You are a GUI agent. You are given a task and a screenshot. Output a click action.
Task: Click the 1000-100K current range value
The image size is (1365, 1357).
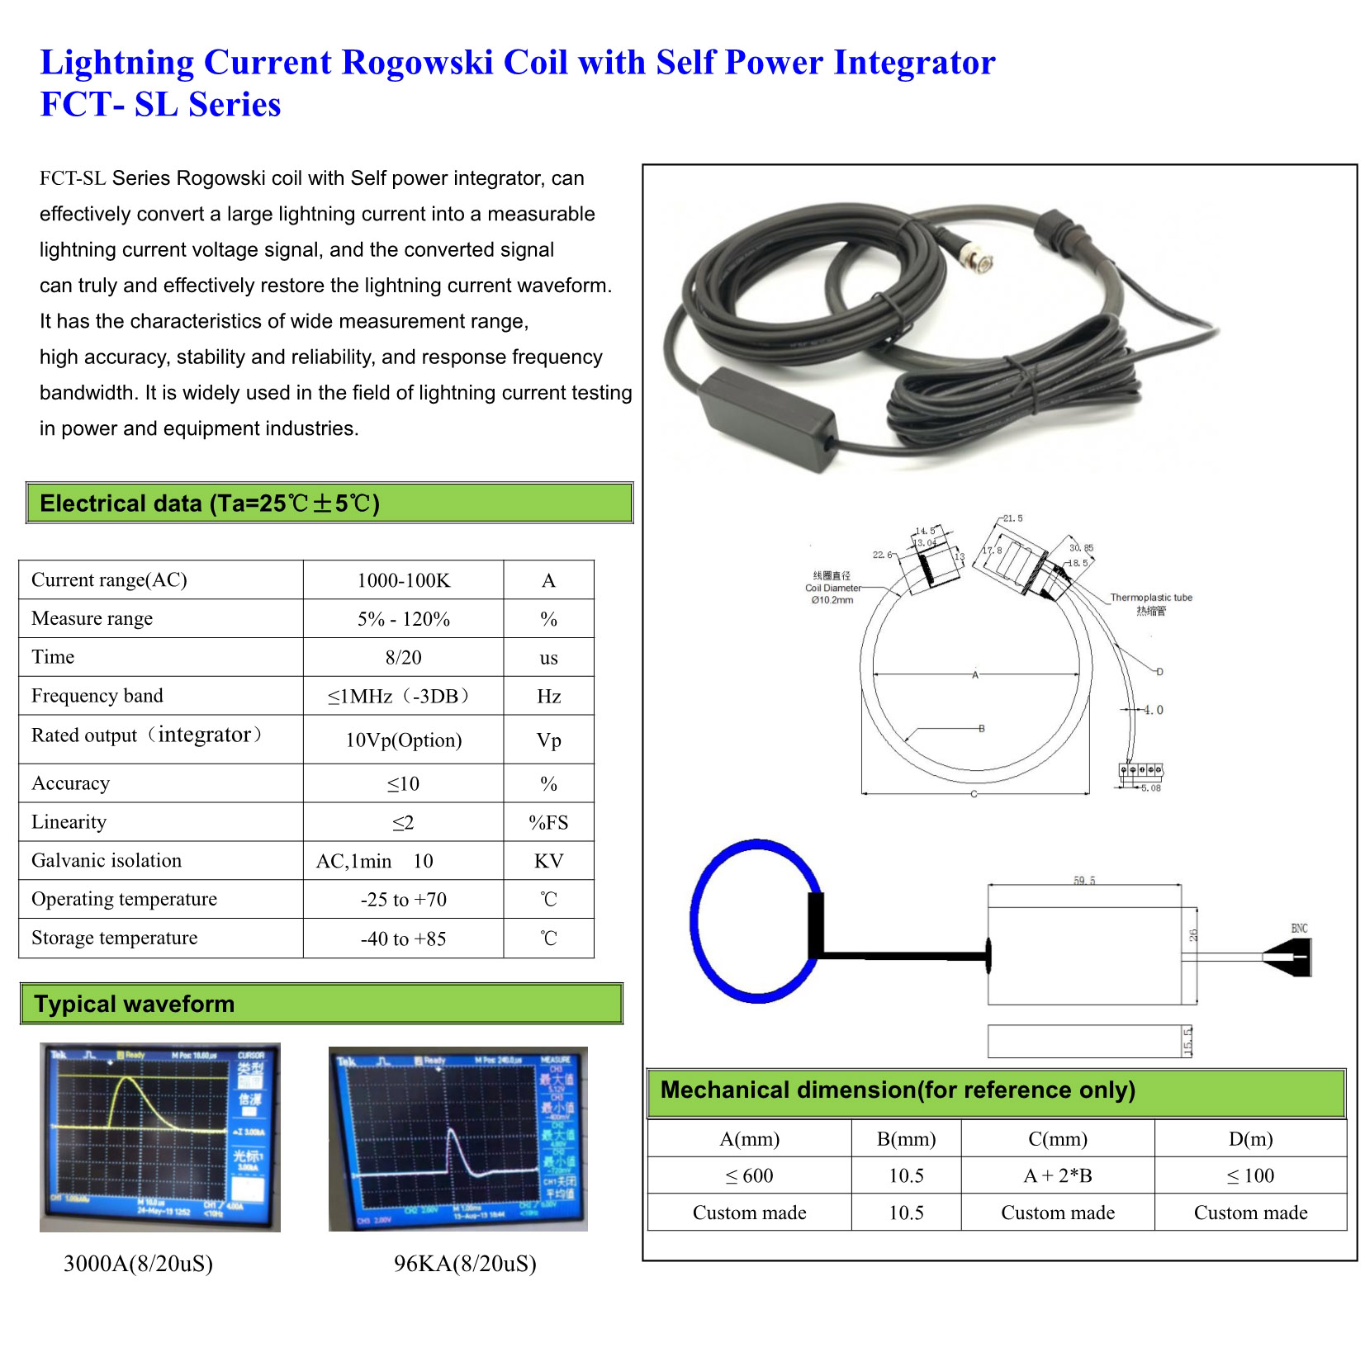pos(403,580)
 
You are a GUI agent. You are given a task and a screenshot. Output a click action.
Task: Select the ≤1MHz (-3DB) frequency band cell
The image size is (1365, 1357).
pos(399,696)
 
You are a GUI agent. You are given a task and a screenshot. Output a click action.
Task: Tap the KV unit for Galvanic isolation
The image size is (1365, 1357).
pos(548,861)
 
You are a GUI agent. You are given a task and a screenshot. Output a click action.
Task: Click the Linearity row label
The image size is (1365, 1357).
pos(69,822)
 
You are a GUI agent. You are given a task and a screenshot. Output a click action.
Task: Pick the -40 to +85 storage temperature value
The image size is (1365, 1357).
pos(403,939)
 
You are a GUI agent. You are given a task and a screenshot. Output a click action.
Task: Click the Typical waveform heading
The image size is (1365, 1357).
pos(135,1004)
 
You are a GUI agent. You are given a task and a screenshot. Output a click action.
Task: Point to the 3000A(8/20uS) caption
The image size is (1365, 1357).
pos(138,1264)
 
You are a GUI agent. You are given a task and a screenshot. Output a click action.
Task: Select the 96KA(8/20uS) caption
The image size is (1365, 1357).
pos(465,1264)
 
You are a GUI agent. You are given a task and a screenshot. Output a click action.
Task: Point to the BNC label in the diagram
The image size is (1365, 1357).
pos(1299,929)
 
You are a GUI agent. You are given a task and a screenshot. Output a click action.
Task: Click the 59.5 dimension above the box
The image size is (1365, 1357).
pos(1084,881)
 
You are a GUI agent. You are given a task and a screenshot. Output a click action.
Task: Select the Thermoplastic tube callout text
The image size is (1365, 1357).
pos(1151,598)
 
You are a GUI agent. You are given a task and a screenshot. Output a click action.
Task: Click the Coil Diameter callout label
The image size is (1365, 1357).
pos(832,588)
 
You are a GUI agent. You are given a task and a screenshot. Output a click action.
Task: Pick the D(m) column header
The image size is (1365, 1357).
pos(1250,1139)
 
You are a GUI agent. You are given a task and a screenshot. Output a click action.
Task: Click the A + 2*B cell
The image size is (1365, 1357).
pos(1058,1176)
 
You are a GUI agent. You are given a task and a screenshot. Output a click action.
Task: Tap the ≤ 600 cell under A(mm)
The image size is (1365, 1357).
pos(749,1176)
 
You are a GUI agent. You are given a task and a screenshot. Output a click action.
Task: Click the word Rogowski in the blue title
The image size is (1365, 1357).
pos(417,63)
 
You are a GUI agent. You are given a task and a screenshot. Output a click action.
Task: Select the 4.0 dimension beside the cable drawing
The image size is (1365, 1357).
pos(1154,710)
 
